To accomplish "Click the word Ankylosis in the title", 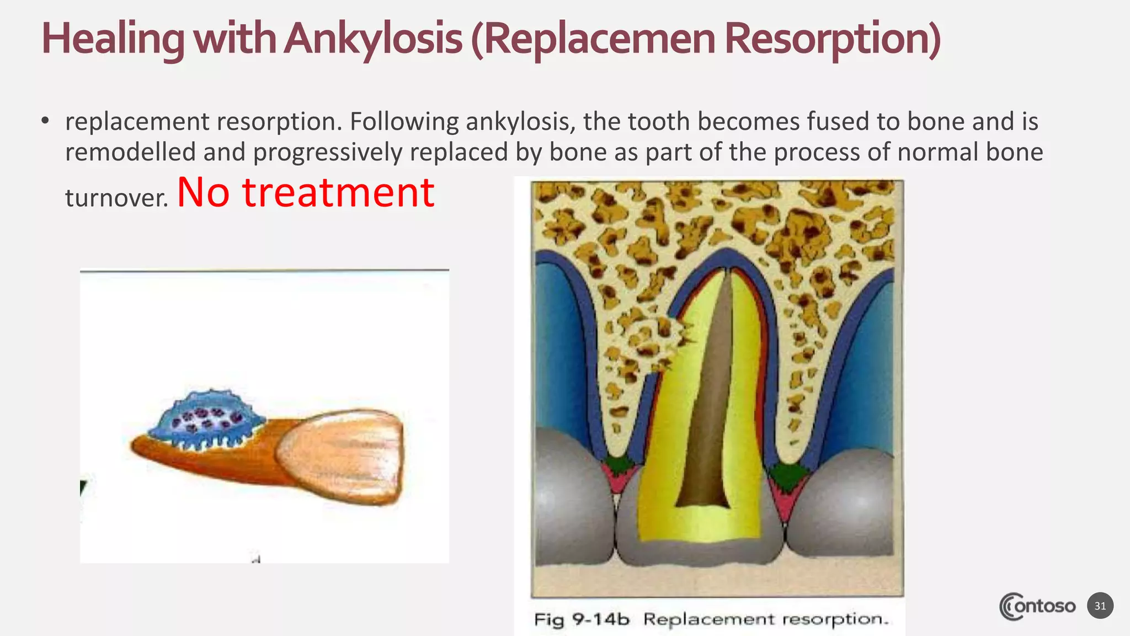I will tap(373, 39).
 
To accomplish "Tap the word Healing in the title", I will tap(113, 39).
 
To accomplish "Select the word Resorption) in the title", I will tap(832, 39).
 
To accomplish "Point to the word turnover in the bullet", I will tap(116, 198).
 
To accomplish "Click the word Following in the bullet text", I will tap(404, 121).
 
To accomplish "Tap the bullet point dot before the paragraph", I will tap(45, 121).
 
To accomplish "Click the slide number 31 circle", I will tap(1100, 606).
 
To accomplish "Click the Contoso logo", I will tap(1037, 606).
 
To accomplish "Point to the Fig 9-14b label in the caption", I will tap(581, 619).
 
